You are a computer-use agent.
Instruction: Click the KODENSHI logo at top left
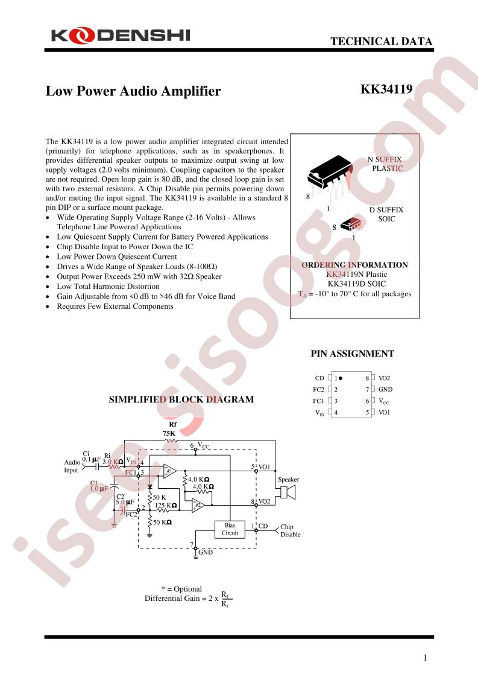coord(121,36)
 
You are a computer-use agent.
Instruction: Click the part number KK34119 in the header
coord(386,89)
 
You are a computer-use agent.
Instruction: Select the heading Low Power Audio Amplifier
coord(133,91)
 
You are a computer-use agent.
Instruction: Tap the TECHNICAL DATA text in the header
coord(381,42)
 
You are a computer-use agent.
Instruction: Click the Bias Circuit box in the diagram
coord(230,529)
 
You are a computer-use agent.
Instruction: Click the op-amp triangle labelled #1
coord(169,471)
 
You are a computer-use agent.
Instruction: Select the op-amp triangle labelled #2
coord(198,504)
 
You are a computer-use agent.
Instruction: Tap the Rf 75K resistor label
coord(169,429)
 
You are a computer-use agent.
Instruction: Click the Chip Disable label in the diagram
coord(291,530)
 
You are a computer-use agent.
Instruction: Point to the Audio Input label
coord(72,466)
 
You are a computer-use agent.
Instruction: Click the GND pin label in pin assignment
coord(385,389)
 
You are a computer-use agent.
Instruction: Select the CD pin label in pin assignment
coord(319,378)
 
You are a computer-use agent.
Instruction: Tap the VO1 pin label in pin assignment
coord(384,412)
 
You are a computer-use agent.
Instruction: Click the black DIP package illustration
coord(330,177)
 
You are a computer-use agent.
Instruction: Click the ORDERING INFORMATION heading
coord(354,265)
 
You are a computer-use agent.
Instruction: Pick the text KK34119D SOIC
coord(357,284)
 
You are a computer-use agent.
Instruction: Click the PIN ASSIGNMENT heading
coord(353,354)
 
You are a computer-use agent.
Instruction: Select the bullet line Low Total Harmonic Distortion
coord(108,286)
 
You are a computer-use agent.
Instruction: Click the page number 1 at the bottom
coord(425,658)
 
